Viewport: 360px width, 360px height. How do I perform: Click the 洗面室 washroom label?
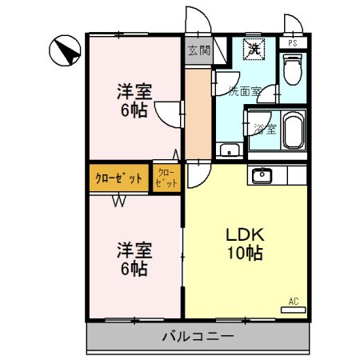point(244,90)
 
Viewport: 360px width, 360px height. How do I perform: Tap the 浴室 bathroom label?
point(266,128)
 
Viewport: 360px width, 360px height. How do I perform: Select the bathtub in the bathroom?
point(294,131)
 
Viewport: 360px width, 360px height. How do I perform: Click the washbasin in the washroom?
point(228,150)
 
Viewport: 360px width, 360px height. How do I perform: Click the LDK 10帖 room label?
point(244,244)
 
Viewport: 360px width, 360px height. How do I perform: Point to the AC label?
point(294,302)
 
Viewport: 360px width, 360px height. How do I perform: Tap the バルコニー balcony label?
point(198,337)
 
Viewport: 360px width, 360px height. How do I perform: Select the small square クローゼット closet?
point(166,178)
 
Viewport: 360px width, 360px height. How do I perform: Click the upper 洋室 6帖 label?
point(134,101)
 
